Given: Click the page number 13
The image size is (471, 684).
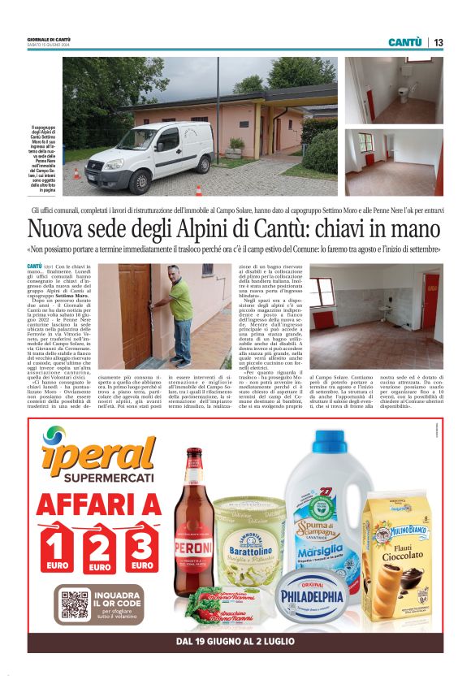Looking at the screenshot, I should pyautogui.click(x=438, y=42).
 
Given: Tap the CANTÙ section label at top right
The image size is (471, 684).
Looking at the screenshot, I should pyautogui.click(x=404, y=42).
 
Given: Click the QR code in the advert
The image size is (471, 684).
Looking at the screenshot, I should pyautogui.click(x=76, y=606).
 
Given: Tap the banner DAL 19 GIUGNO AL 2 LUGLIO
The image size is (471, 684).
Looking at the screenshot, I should pyautogui.click(x=235, y=642).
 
